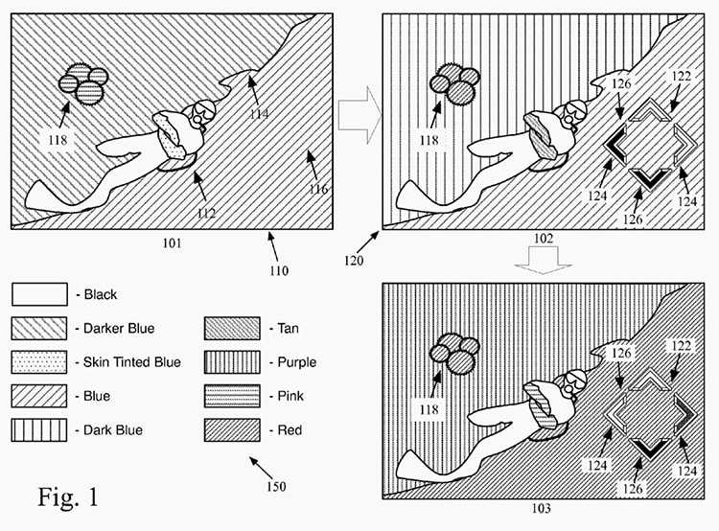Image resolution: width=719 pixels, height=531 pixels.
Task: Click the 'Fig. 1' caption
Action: (x=68, y=497)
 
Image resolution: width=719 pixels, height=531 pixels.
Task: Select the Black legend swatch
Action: (x=39, y=294)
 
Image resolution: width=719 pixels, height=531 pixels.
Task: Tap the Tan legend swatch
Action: (x=232, y=329)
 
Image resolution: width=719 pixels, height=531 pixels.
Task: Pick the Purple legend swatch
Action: (x=232, y=362)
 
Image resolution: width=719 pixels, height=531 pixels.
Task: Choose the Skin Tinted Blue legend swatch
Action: (x=39, y=362)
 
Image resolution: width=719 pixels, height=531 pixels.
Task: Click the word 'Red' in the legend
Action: (x=290, y=430)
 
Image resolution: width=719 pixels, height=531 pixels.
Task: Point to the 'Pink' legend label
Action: (x=290, y=396)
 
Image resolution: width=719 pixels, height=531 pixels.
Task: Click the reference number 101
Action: (x=172, y=243)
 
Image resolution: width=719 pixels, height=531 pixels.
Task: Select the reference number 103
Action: (x=542, y=509)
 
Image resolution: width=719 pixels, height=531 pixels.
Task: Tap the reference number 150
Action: (x=276, y=486)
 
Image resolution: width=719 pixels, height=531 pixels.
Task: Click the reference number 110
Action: (x=279, y=270)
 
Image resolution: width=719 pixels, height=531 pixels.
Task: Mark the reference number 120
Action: (x=354, y=261)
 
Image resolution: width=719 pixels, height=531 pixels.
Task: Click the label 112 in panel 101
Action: (x=206, y=213)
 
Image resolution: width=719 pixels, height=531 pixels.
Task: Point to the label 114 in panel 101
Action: (x=259, y=113)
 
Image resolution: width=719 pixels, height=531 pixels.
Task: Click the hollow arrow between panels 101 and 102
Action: (x=359, y=115)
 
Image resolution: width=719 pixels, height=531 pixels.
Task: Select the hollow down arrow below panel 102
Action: (x=544, y=260)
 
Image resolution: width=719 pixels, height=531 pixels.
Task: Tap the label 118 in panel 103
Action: (x=429, y=409)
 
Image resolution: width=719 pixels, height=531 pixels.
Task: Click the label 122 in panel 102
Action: (x=681, y=76)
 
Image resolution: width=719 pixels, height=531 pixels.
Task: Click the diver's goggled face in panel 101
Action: (x=201, y=112)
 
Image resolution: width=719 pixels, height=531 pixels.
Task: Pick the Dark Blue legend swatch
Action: (x=39, y=430)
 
